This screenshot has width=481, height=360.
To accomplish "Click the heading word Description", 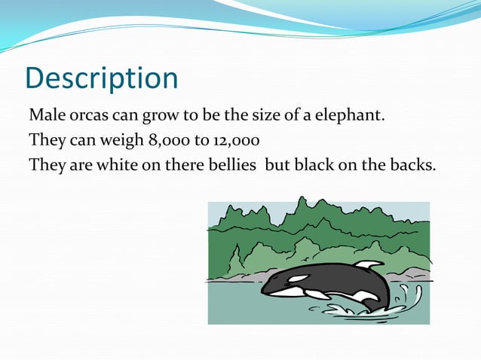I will [102, 78].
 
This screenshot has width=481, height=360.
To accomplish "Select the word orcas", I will [88, 117].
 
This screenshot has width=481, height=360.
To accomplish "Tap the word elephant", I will [354, 117].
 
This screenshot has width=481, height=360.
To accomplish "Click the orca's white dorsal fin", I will [369, 265].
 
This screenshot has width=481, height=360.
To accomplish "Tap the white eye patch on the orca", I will [298, 279].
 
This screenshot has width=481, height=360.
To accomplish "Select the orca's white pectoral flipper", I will [317, 294].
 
